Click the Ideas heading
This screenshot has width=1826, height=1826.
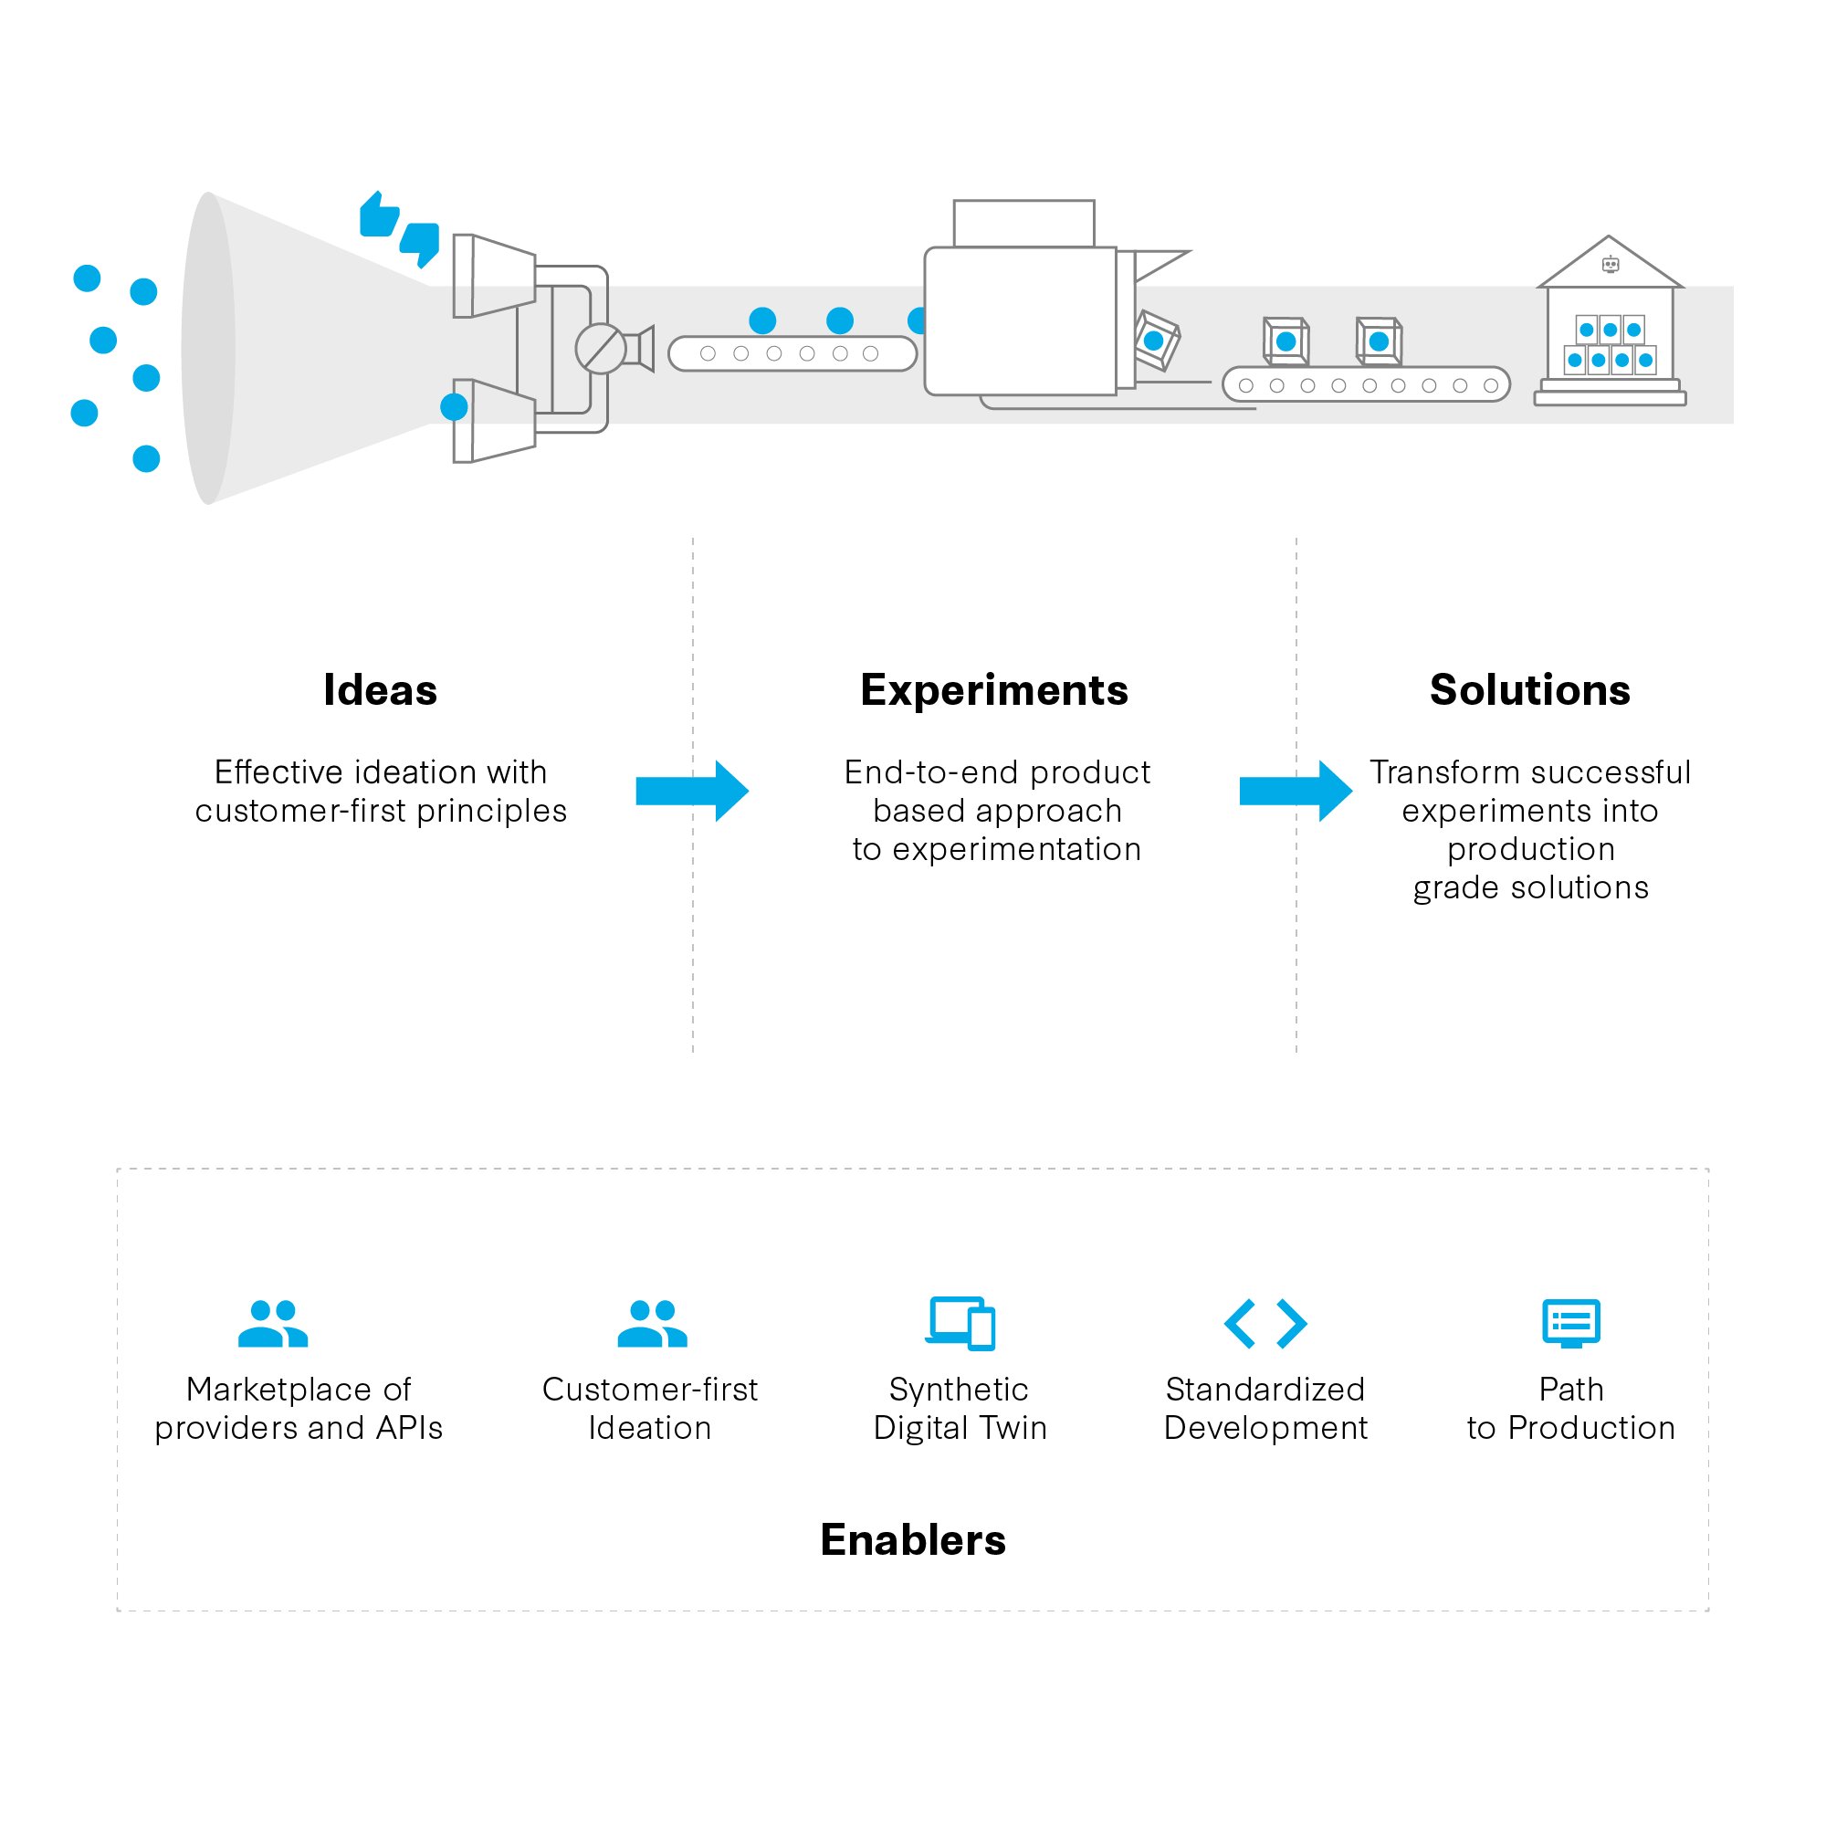[x=380, y=690]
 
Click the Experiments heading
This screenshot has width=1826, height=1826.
[x=994, y=690]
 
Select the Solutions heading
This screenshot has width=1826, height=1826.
[x=1529, y=690]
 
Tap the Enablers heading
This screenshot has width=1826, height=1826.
[x=913, y=1539]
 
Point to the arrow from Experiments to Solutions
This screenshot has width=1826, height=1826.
[x=1296, y=790]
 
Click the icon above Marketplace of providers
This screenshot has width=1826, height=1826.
[x=273, y=1323]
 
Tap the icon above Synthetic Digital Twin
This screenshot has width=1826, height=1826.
[x=961, y=1323]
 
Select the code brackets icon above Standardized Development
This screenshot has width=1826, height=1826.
[x=1265, y=1323]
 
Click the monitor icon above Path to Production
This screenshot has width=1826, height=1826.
[x=1570, y=1323]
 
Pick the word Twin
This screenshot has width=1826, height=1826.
[x=1013, y=1428]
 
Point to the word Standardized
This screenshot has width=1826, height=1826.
[x=1265, y=1390]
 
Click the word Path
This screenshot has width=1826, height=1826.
[x=1570, y=1390]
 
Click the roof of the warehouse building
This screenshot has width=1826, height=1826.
[x=1610, y=262]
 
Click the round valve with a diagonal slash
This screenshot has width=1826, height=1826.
[x=601, y=349]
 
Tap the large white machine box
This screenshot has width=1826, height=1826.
[x=1021, y=321]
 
